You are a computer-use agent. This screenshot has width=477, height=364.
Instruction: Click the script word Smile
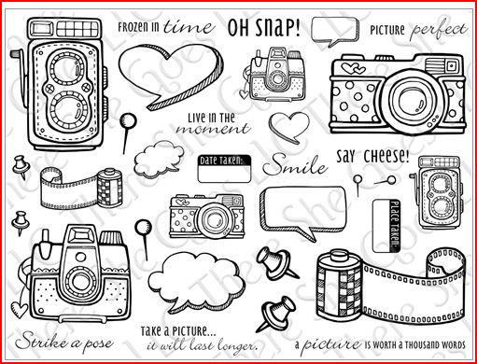(x=295, y=165)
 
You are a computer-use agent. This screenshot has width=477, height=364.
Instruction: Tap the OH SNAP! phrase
(x=264, y=27)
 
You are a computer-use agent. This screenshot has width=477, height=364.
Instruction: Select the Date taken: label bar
(x=224, y=161)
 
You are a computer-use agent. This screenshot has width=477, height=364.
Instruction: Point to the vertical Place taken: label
(x=395, y=226)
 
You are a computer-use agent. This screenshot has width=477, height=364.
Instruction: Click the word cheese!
(x=386, y=157)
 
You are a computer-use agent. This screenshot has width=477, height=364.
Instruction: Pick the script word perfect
(x=439, y=30)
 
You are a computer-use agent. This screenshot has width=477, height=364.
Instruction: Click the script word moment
(x=213, y=129)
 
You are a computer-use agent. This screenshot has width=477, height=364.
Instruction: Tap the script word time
(x=189, y=27)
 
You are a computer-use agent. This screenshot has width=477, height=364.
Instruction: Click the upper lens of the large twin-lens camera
(x=66, y=69)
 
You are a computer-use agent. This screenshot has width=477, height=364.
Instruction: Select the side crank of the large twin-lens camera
(x=20, y=77)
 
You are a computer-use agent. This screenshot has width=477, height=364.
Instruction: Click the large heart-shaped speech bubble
(x=171, y=76)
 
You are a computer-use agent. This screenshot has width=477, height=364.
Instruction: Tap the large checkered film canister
(x=340, y=287)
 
